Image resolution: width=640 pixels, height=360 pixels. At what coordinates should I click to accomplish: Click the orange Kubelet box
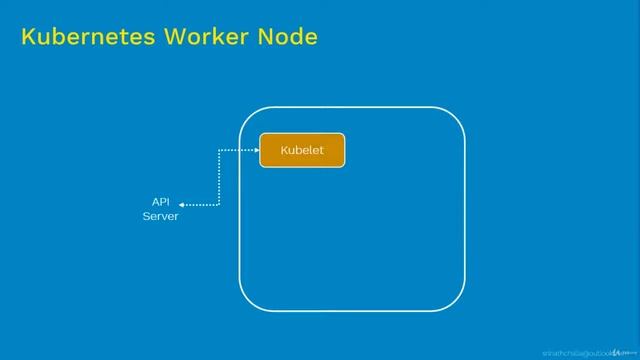click(302, 150)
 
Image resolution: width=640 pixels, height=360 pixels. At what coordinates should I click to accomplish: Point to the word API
click(160, 202)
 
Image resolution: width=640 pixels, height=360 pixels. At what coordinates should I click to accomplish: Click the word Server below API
click(160, 216)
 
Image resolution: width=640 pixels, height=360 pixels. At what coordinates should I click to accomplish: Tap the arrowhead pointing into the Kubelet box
click(255, 150)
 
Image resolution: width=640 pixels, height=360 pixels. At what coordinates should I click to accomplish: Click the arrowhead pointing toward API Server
click(183, 205)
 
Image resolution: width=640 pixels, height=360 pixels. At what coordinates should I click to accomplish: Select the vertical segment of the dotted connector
click(218, 178)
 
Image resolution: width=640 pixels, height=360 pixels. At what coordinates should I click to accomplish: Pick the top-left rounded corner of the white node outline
click(247, 115)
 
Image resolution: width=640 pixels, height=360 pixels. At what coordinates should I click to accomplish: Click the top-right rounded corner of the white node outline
click(457, 115)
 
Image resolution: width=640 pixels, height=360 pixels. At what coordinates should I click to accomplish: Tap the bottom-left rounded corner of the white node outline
click(247, 302)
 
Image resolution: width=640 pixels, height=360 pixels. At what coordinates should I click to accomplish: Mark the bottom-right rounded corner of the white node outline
click(457, 302)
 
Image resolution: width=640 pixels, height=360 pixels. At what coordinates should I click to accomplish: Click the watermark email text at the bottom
click(574, 353)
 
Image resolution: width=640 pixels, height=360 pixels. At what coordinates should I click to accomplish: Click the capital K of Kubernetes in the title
click(28, 38)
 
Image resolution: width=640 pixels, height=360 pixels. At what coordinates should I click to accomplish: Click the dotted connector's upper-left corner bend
click(219, 151)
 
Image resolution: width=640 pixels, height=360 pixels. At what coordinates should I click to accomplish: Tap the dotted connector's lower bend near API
click(218, 205)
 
